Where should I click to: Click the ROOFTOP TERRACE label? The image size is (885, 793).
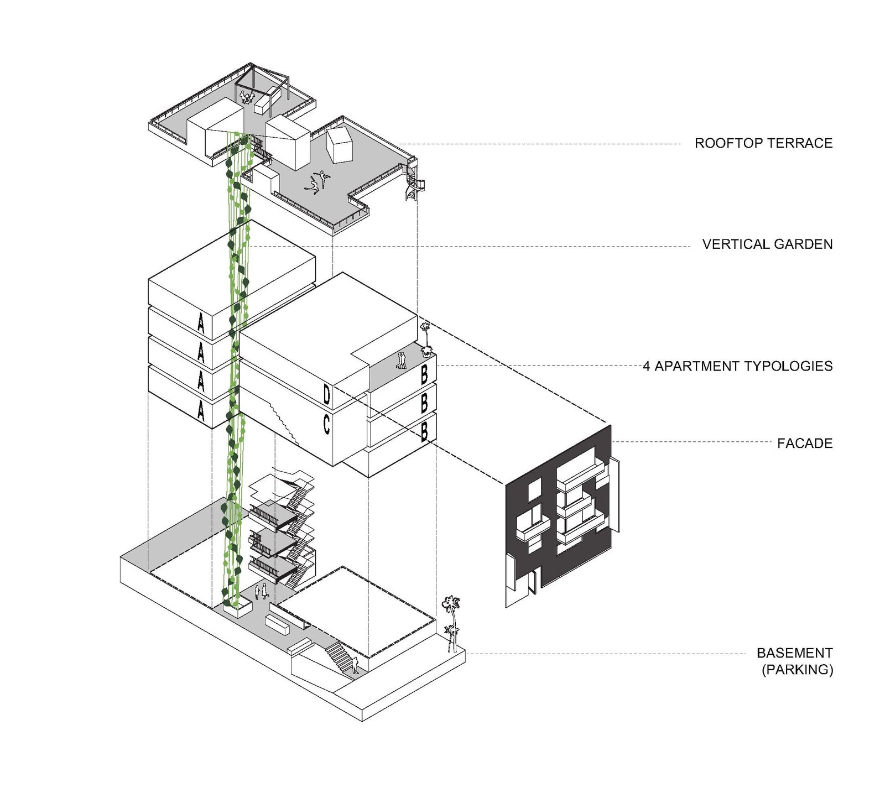[763, 143]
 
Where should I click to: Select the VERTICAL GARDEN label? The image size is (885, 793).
[767, 244]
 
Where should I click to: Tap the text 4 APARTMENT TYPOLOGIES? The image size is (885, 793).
[737, 366]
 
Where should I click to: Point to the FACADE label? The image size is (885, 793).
[804, 443]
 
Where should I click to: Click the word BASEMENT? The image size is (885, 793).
[794, 653]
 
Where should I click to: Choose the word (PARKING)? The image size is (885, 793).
[797, 670]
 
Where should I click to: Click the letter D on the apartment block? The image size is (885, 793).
[326, 395]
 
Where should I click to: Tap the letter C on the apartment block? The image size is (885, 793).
[326, 424]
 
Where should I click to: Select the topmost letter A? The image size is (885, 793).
[201, 324]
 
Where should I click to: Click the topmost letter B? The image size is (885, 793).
[424, 375]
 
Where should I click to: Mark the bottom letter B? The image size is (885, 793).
[424, 431]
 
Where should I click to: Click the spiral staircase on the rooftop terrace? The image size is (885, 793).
[413, 182]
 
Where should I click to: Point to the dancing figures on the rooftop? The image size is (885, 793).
[317, 182]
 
